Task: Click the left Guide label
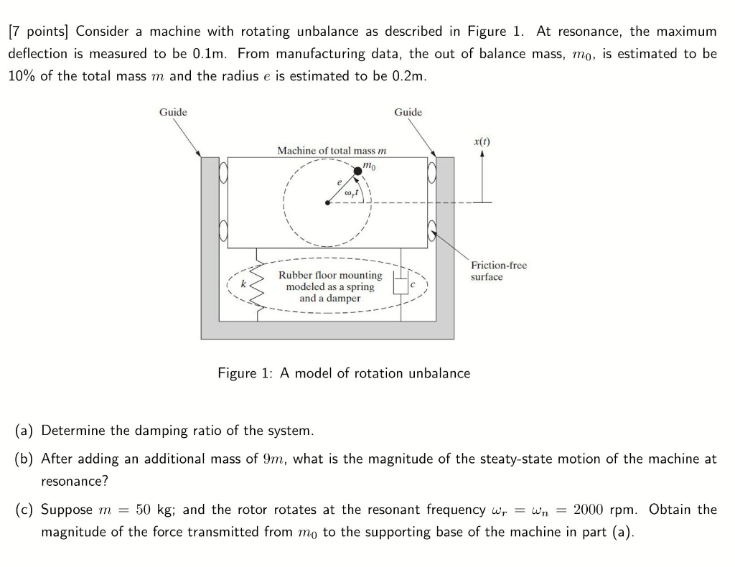coord(173,112)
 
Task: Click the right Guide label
coord(408,112)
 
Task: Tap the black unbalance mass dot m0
coord(358,170)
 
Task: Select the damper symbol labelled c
coord(401,286)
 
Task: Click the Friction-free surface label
coord(498,271)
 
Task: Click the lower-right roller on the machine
coord(434,231)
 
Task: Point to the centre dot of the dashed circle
coord(328,202)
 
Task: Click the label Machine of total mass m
coord(332,151)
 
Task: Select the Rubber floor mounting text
coord(330,276)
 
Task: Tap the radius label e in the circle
coord(338,183)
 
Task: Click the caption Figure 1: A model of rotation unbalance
coord(344,373)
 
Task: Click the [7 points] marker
coord(39,32)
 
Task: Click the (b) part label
coord(25,459)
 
